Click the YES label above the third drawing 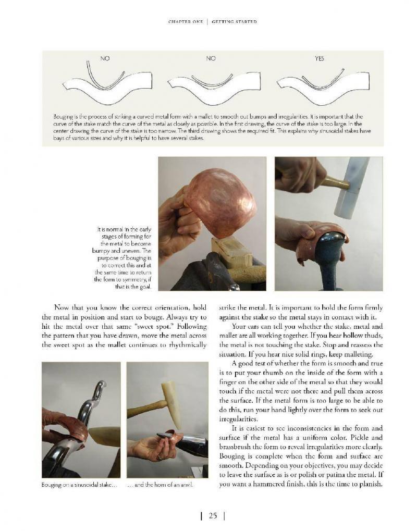click(x=319, y=59)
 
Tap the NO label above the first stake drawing click(x=105, y=59)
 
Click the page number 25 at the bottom click(x=213, y=516)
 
